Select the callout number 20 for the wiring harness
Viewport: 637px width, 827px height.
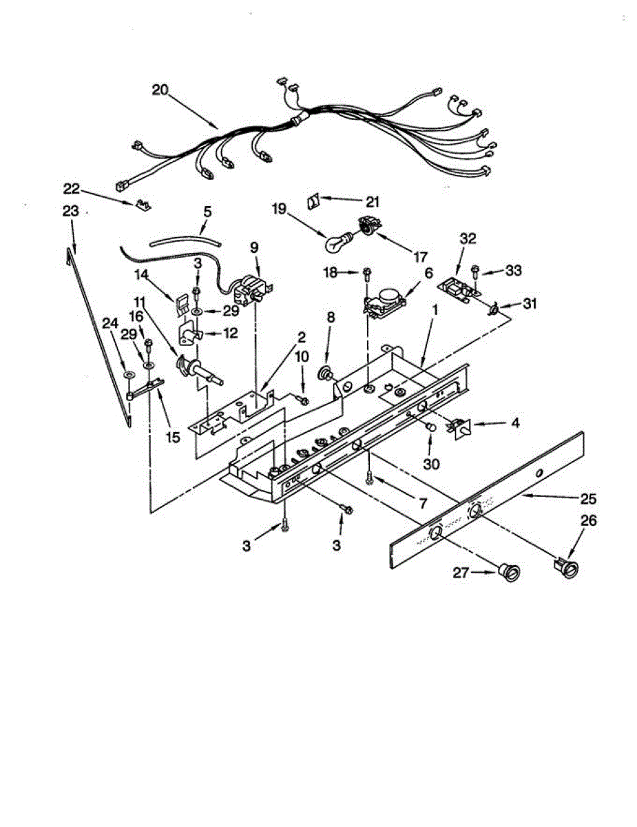(x=160, y=90)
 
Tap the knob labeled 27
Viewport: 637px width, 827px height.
(x=509, y=571)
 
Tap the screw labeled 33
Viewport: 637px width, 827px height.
(x=475, y=270)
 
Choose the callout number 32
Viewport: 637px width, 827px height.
(x=468, y=239)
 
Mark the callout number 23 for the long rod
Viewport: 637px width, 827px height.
(x=70, y=211)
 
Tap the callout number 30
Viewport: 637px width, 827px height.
(x=431, y=464)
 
